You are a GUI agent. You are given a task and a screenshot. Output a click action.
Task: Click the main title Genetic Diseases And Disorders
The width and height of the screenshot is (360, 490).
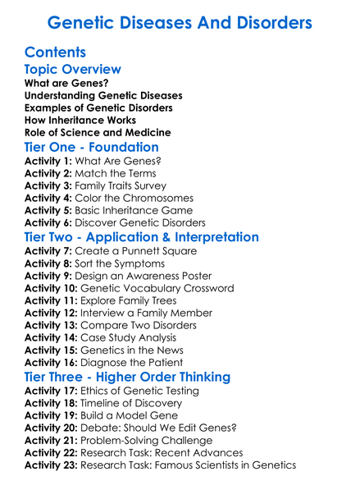click(180, 22)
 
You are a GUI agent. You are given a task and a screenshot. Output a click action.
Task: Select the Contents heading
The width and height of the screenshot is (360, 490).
click(56, 53)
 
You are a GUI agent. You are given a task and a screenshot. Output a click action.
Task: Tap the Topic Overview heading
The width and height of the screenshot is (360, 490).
click(73, 70)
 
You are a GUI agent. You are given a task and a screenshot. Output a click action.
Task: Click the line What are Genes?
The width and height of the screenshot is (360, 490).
click(66, 83)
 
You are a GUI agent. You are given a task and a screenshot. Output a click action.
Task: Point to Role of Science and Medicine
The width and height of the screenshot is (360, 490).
click(98, 132)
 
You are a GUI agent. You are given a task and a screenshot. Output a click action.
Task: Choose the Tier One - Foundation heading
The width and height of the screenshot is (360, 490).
click(92, 148)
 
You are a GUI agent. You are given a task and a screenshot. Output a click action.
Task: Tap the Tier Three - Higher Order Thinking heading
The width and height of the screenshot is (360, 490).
click(127, 378)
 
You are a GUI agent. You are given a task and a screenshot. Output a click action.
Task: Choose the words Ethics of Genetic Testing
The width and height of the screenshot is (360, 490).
click(147, 392)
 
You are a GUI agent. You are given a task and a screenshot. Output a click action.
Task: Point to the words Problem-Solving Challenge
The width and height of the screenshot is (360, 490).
click(150, 441)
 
